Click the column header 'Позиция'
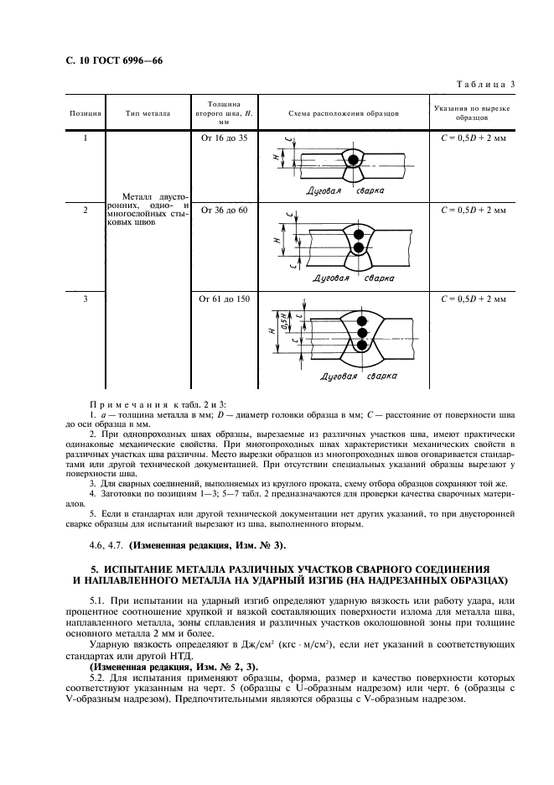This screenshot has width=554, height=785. point(85,112)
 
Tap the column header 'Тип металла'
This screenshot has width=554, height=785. point(148,112)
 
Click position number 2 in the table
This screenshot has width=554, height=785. point(85,211)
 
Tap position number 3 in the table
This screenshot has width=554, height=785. point(85,297)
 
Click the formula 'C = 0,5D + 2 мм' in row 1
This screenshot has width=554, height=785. point(474,138)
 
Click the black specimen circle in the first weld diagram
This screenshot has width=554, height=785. point(355,159)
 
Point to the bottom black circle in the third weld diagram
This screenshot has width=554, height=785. point(362,346)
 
